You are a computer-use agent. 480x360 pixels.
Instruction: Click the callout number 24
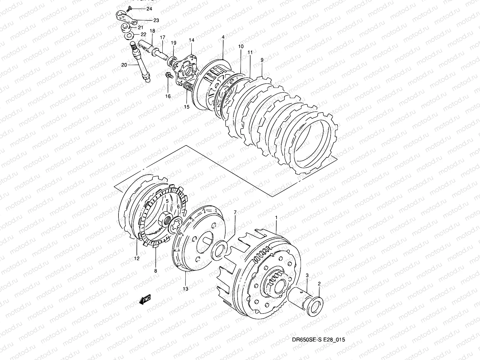(x=149, y=9)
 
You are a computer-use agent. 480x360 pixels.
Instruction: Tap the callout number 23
(x=156, y=20)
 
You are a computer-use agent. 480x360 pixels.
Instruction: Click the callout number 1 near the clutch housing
(x=276, y=217)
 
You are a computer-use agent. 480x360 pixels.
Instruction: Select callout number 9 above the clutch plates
(x=262, y=60)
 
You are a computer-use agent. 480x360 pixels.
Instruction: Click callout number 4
(x=223, y=37)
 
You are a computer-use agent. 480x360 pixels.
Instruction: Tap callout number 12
(x=137, y=258)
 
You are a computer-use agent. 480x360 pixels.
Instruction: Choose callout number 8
(x=155, y=271)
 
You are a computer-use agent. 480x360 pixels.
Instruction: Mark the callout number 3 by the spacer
(x=307, y=275)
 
